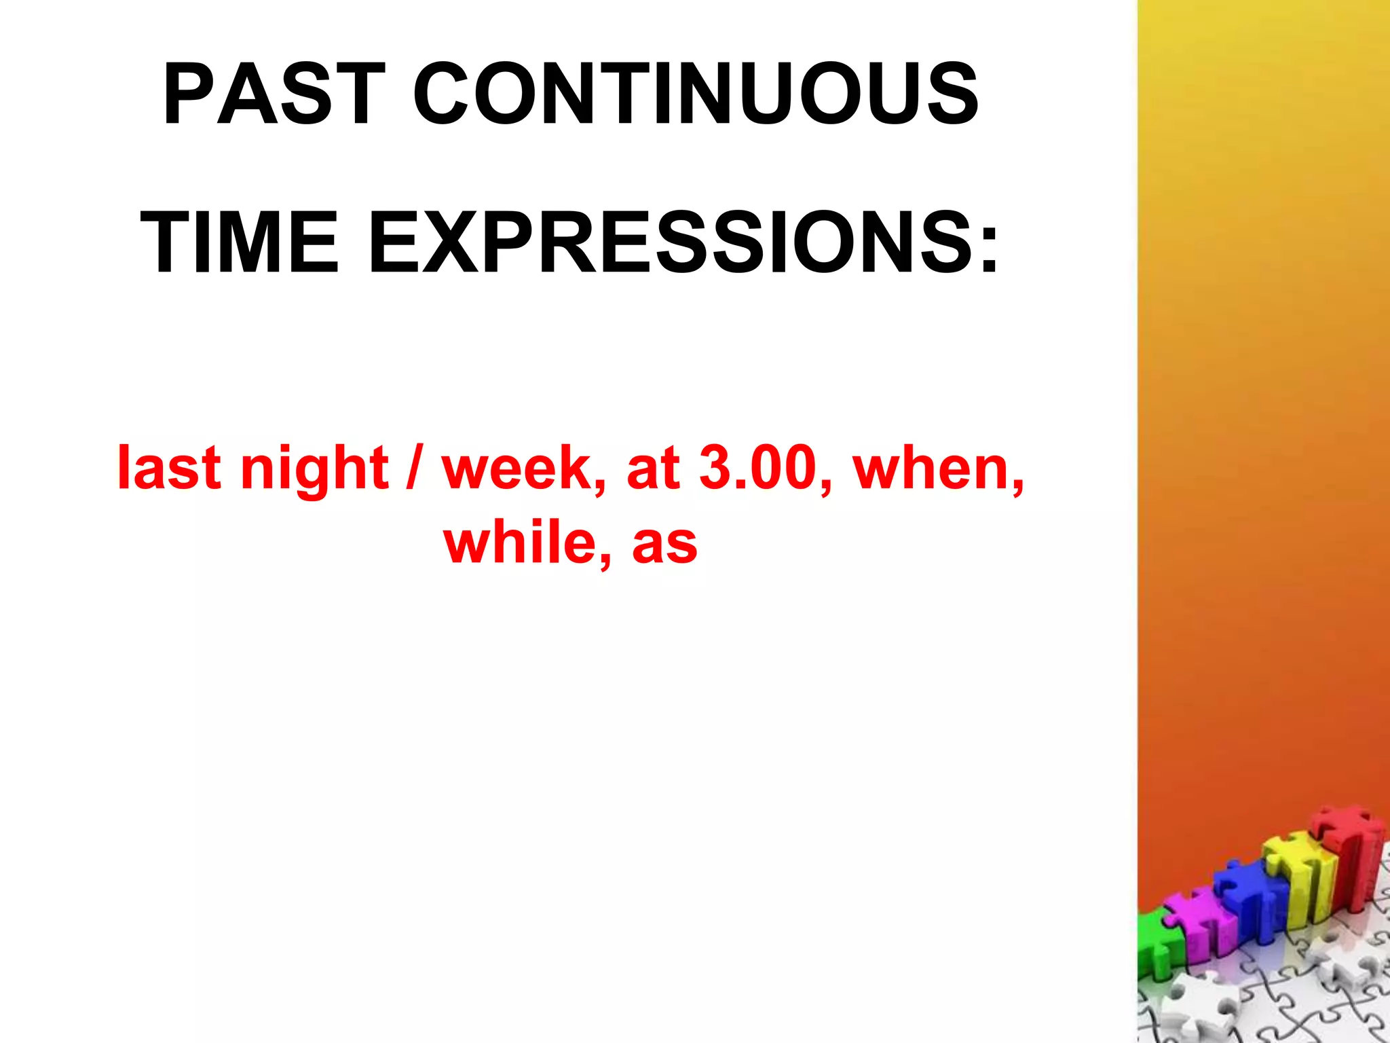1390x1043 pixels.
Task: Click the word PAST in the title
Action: [x=274, y=94]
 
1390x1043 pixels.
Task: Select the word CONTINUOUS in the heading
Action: [x=696, y=94]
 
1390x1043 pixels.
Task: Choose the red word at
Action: [x=653, y=469]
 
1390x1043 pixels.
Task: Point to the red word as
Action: [x=664, y=545]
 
